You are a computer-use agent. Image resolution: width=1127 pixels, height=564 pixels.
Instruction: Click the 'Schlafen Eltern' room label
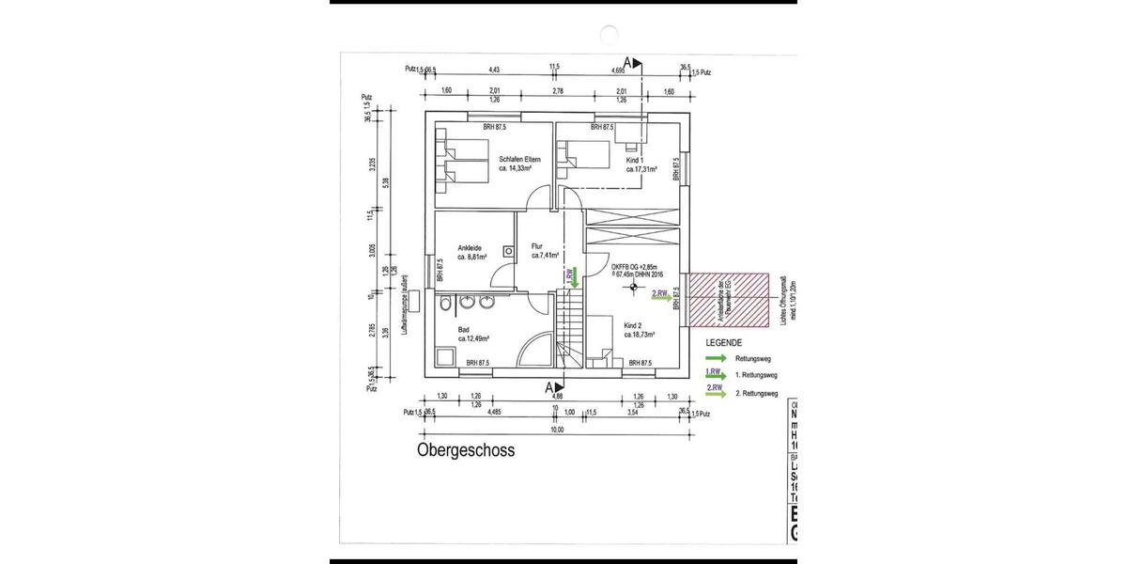[x=518, y=159]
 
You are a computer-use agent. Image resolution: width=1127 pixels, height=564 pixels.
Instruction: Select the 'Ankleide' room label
[x=471, y=247]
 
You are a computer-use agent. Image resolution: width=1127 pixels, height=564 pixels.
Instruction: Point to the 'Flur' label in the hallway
[x=537, y=246]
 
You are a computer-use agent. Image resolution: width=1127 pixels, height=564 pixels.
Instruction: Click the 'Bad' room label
[x=463, y=330]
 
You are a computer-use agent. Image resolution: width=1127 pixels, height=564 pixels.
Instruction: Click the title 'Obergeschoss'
[x=465, y=450]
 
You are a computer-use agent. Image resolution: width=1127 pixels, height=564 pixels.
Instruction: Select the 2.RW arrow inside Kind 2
[x=661, y=296]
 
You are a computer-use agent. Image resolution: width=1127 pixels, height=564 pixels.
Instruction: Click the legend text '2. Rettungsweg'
[x=757, y=393]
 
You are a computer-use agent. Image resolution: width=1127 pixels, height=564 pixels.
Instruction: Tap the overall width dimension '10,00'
[x=557, y=430]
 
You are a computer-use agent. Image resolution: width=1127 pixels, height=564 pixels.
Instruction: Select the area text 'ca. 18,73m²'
[x=639, y=334]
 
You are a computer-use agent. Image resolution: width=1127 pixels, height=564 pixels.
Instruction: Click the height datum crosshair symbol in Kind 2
[x=634, y=288]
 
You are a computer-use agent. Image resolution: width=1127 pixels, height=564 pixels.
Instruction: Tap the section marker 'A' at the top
[x=628, y=62]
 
